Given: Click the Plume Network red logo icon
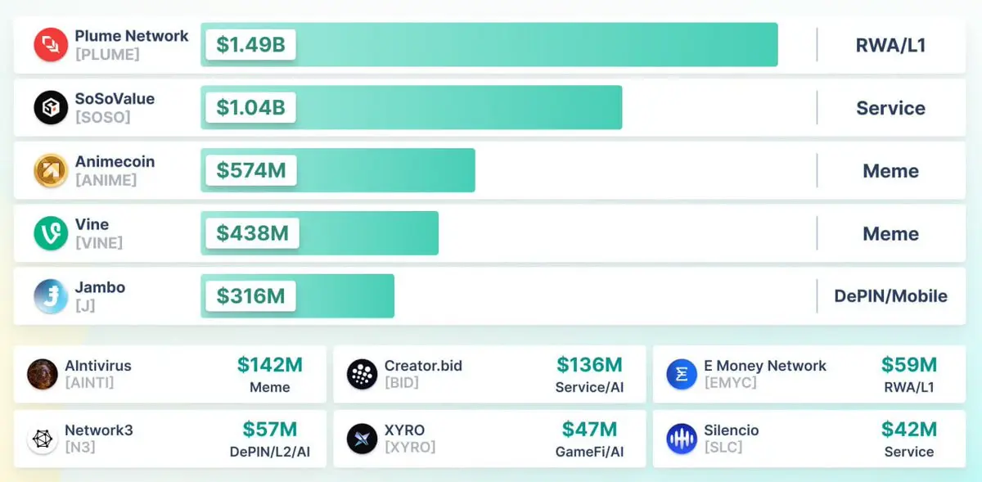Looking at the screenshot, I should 51,44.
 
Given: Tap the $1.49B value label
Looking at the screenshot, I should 250,44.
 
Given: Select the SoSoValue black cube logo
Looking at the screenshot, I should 51,107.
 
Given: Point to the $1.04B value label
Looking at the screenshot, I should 250,107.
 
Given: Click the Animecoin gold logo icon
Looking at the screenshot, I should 51,170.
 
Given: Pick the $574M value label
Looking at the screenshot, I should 250,170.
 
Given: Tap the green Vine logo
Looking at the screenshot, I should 51,233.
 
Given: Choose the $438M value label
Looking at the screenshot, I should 252,233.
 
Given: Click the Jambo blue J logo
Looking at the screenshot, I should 51,296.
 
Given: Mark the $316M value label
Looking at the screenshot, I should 250,296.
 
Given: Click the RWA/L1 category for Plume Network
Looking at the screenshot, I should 890,45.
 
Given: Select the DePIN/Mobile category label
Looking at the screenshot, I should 890,296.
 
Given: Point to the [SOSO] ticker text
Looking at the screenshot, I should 103,117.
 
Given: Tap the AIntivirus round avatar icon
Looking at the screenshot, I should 43,374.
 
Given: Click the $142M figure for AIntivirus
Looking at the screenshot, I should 270,365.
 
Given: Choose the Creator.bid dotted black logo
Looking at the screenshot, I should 362,374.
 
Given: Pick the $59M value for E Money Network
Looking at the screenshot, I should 908,365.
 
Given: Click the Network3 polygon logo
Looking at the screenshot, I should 43,439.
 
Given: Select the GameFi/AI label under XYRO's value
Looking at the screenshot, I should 589,452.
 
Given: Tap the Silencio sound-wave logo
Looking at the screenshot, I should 682,439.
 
